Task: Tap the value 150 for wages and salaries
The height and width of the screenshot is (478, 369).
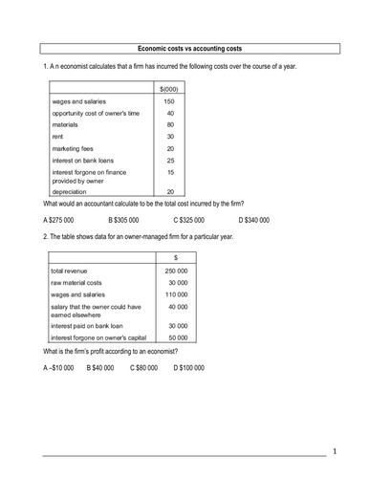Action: click(169, 101)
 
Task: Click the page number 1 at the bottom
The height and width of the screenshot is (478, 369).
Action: click(335, 450)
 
